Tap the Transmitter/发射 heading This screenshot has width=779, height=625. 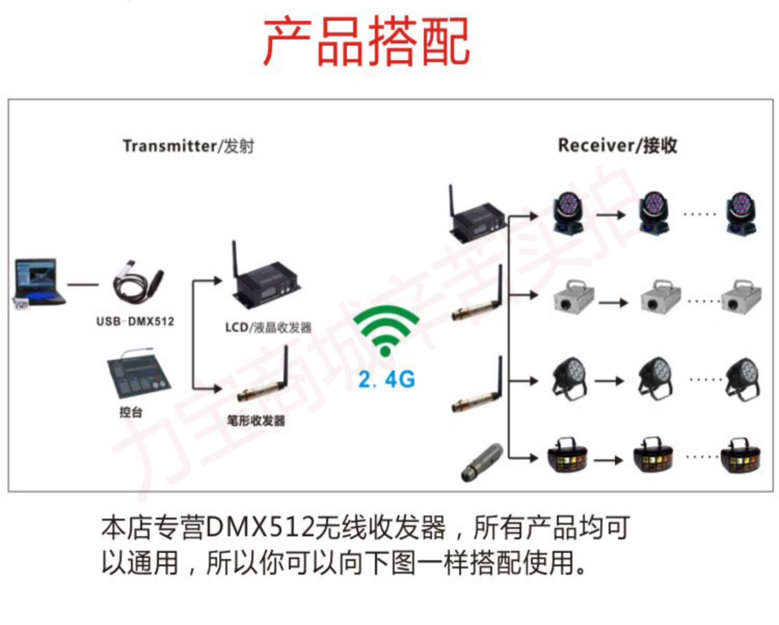(x=188, y=146)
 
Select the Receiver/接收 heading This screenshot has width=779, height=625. (x=617, y=145)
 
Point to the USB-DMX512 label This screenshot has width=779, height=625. (x=135, y=321)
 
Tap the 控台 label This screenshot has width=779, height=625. (x=130, y=412)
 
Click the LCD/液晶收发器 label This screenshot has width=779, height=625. (x=268, y=328)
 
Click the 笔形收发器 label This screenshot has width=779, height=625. (x=256, y=420)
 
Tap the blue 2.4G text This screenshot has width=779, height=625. (x=387, y=379)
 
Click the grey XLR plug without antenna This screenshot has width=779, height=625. (x=482, y=461)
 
